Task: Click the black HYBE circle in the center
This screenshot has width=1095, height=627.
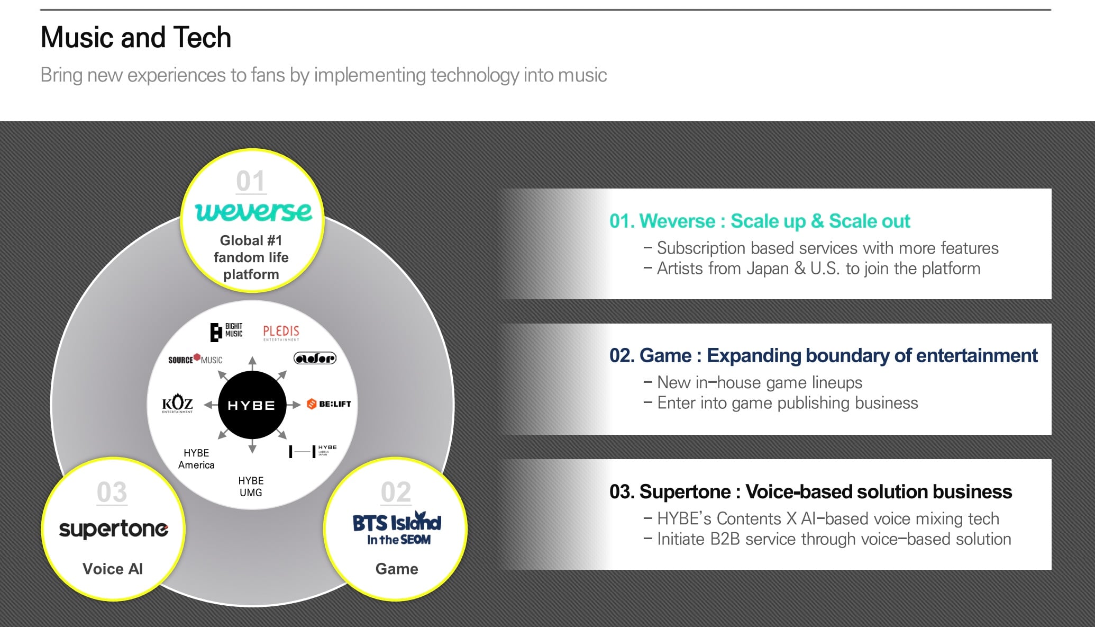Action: click(252, 405)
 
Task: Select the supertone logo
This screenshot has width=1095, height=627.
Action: click(113, 529)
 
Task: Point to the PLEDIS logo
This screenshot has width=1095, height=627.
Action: click(281, 333)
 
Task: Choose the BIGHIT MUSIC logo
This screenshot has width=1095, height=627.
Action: click(226, 332)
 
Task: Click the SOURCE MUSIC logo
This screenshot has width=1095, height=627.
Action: click(195, 360)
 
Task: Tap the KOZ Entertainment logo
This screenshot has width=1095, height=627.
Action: click(177, 404)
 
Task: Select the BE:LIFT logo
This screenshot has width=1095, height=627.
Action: click(329, 404)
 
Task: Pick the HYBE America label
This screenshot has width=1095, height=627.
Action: click(196, 459)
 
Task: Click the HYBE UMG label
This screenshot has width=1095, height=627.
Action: click(251, 487)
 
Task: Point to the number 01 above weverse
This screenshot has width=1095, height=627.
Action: click(250, 181)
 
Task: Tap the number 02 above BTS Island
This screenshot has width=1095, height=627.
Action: click(396, 492)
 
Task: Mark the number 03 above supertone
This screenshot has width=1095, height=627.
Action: click(112, 492)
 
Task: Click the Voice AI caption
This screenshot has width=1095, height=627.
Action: click(113, 569)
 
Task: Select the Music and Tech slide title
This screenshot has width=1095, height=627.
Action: click(136, 38)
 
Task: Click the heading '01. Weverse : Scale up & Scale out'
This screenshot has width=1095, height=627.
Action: click(760, 221)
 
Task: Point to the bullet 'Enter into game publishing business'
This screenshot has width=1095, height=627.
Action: click(787, 403)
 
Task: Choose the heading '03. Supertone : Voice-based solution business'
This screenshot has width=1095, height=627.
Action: click(810, 492)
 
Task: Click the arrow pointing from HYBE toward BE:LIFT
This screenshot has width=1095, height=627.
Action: click(294, 405)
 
